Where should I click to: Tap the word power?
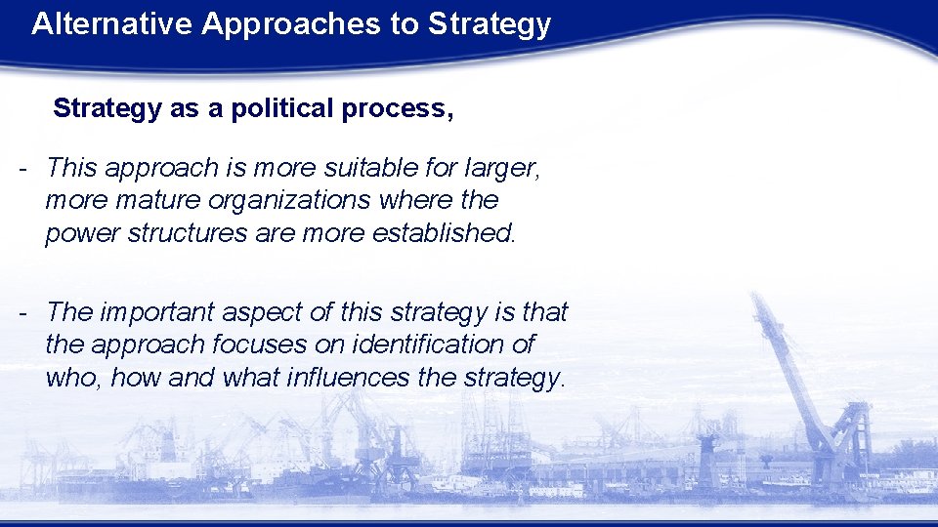coord(77,233)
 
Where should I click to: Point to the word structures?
coord(182,233)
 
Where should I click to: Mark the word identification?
coord(440,345)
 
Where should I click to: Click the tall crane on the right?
coord(801,371)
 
